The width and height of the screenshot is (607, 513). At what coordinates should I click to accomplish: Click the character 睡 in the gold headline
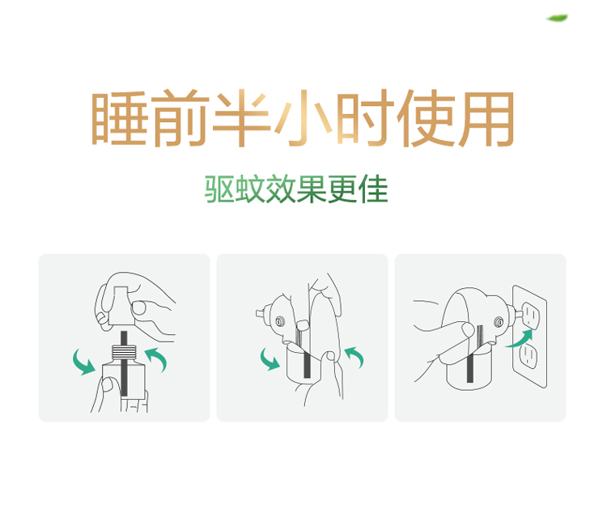point(119,118)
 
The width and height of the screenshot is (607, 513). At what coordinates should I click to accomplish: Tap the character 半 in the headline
point(241,117)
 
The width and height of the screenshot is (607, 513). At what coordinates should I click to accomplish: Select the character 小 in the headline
point(303,118)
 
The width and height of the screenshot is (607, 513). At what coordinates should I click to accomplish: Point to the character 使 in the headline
point(426,118)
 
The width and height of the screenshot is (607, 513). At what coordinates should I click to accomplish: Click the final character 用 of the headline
point(487,119)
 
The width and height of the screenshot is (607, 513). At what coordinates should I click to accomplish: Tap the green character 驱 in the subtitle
point(219,189)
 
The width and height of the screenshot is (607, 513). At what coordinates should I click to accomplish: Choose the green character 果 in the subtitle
point(312,189)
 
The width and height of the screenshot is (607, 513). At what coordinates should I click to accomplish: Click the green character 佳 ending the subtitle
point(373,189)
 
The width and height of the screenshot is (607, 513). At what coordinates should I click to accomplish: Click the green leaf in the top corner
point(557,18)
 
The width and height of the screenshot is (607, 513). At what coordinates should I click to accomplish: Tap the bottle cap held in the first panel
point(122,306)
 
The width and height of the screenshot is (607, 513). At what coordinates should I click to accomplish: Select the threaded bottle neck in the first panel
point(125,351)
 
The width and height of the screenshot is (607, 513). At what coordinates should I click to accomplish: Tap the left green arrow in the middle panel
point(270,359)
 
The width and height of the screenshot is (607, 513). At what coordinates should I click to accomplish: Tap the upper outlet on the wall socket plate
point(530,315)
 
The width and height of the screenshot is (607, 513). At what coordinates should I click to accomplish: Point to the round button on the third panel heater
point(499,322)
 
